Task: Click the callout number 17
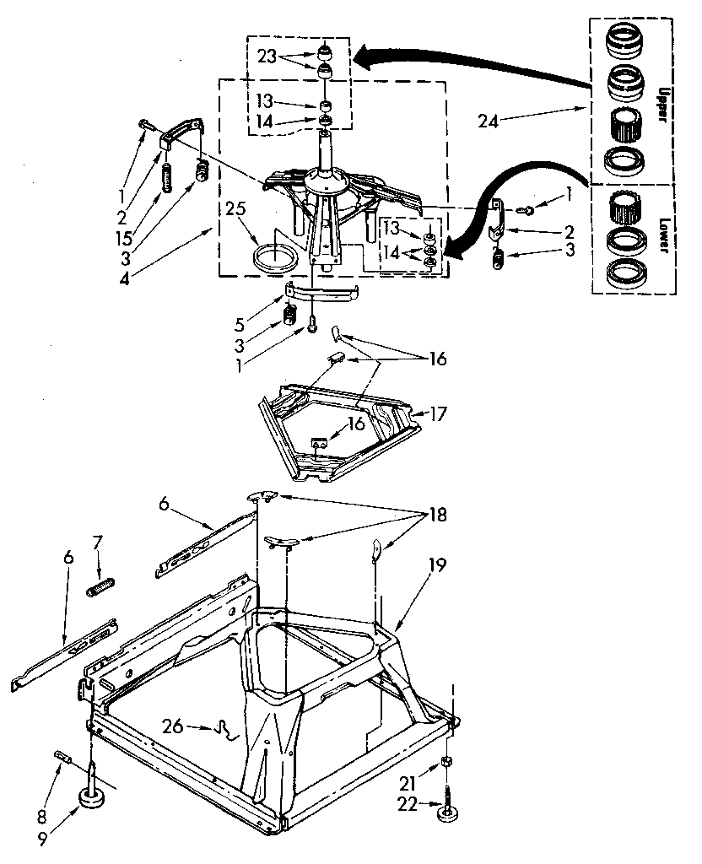click(x=438, y=415)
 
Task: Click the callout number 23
click(x=267, y=57)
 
